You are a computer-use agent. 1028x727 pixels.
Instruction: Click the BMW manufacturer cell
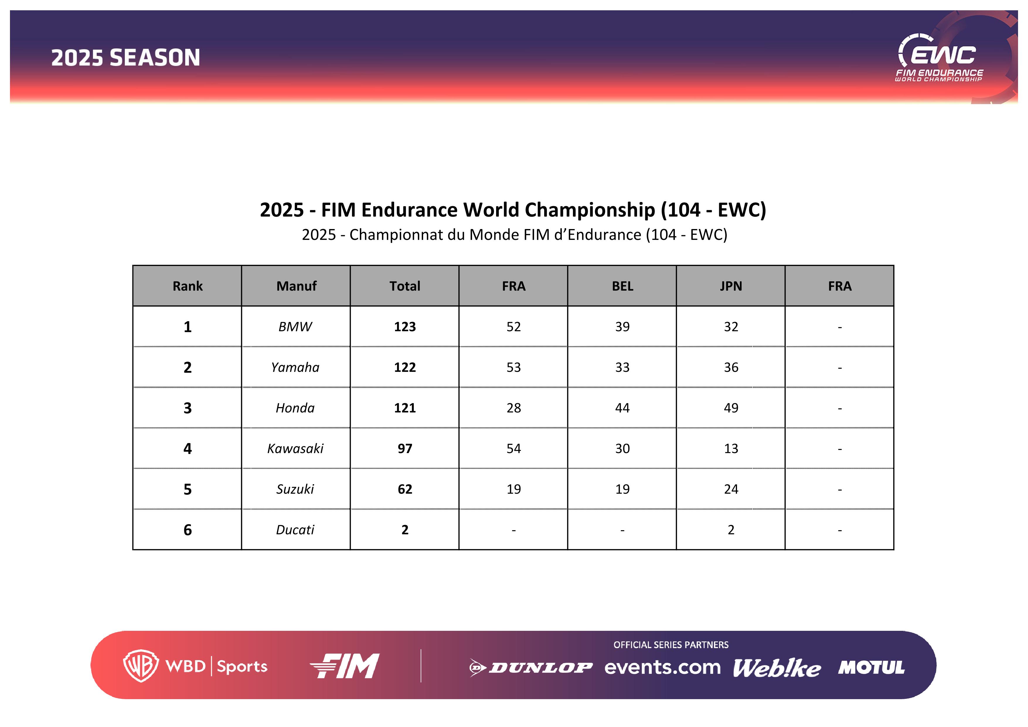click(295, 326)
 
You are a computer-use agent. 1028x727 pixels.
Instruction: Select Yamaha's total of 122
click(405, 367)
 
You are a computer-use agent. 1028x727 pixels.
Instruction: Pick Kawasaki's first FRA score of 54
click(513, 448)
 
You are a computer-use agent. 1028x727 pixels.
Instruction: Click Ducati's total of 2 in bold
click(405, 530)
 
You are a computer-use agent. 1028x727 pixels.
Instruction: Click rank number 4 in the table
click(188, 448)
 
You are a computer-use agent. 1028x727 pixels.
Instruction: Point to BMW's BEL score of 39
click(622, 326)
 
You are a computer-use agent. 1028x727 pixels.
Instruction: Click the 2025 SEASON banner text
click(125, 58)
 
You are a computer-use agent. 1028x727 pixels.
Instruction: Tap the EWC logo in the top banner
click(939, 58)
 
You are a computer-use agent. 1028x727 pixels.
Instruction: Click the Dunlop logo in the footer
click(531, 668)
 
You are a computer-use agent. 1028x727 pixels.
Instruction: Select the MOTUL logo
click(871, 667)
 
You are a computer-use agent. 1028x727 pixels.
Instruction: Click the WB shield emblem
click(141, 666)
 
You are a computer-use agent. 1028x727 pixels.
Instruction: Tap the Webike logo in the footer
click(777, 668)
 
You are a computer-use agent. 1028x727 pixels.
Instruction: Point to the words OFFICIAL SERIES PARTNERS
click(671, 645)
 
